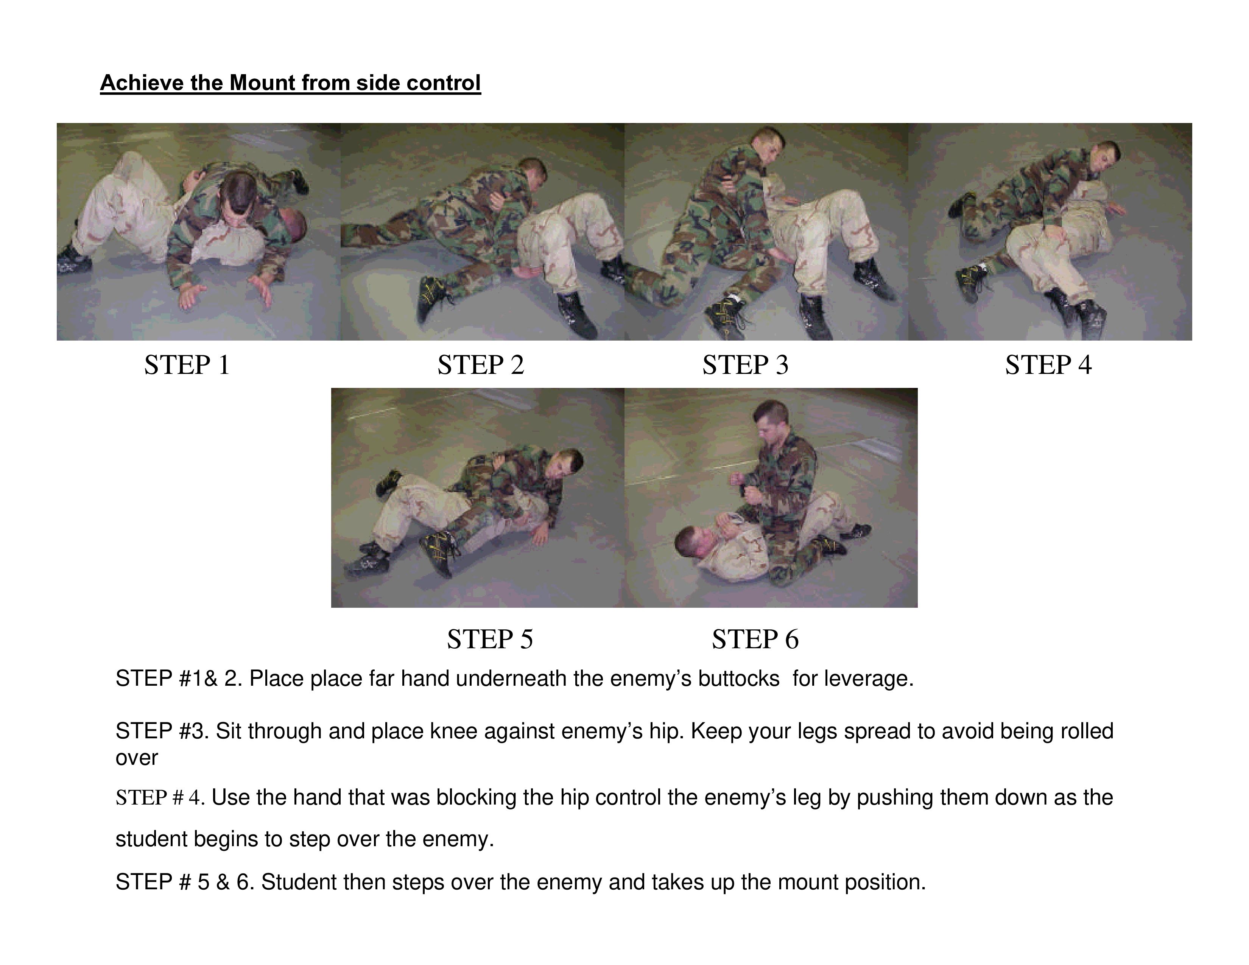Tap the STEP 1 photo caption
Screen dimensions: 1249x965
pos(187,365)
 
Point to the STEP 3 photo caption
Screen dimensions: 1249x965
pos(745,365)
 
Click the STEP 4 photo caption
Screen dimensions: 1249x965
pos(1048,365)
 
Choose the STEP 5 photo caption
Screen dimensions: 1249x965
pos(490,639)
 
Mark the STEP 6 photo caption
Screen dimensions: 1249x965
pos(755,639)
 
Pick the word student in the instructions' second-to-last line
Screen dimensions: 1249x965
pos(151,839)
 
